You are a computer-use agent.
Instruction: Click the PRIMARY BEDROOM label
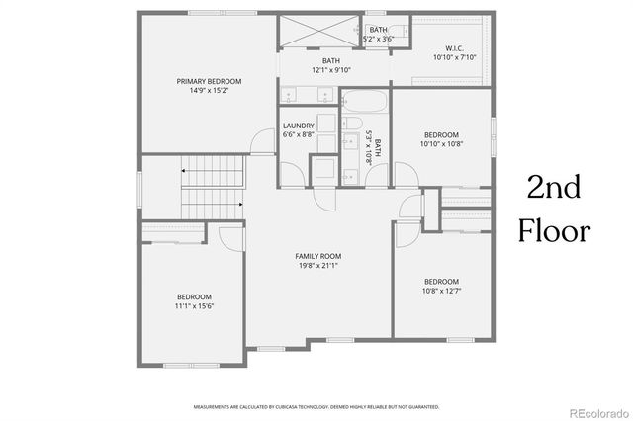pos(209,81)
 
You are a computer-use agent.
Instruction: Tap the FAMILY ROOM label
pos(317,256)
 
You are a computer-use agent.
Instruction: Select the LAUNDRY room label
pos(298,126)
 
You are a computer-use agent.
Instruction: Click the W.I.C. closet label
pos(454,47)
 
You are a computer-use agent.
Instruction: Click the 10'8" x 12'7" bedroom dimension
pos(441,291)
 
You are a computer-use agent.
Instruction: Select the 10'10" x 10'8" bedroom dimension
pos(441,144)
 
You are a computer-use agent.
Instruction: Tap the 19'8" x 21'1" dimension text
pos(317,266)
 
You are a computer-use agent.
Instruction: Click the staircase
pos(212,188)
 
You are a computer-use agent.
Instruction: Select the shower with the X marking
pos(319,32)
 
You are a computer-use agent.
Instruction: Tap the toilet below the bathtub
pos(353,123)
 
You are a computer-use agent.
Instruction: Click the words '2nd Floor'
pos(557,209)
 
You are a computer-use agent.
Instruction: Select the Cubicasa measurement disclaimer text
pos(316,406)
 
